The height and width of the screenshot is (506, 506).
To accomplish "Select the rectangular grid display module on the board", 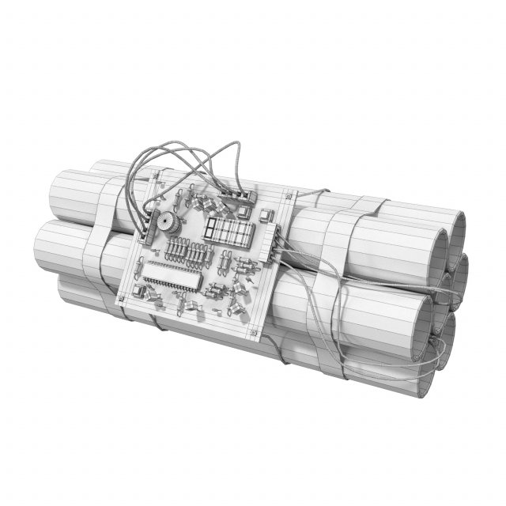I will (x=228, y=231).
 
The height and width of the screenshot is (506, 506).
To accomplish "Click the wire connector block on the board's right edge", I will (x=274, y=240).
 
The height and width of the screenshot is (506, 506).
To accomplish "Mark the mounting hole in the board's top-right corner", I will (x=289, y=194).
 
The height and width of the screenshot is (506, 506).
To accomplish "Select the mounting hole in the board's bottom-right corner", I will (x=252, y=331).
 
